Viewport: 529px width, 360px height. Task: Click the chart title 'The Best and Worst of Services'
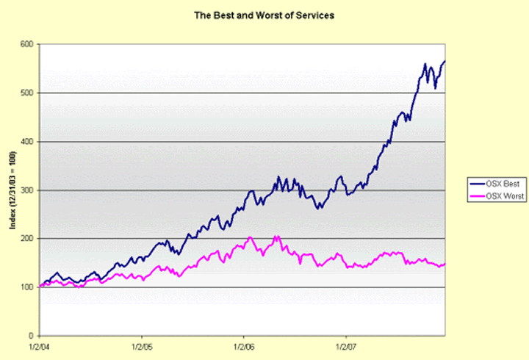(x=264, y=15)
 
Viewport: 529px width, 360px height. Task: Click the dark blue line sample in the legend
(x=475, y=184)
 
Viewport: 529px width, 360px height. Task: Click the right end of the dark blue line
(x=445, y=61)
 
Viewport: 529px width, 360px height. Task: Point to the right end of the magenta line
(x=445, y=264)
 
